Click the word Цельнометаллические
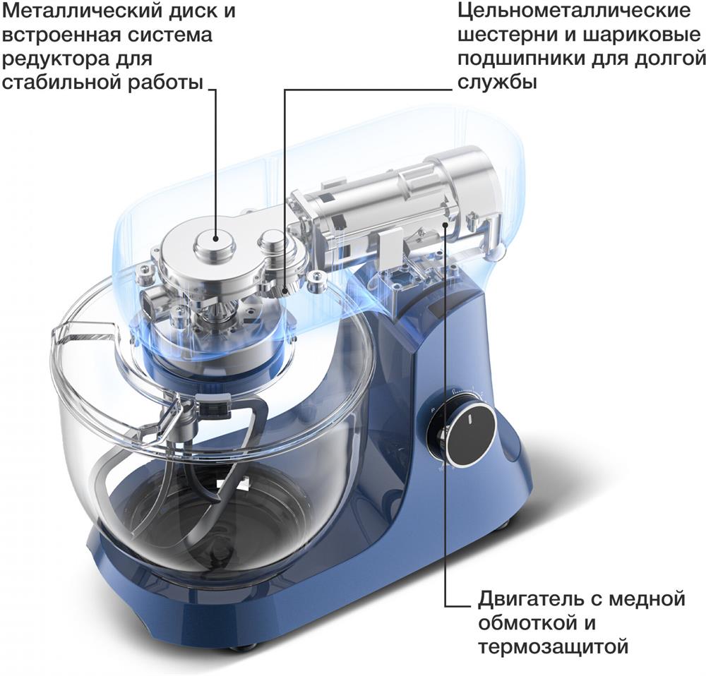573,12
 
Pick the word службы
497,82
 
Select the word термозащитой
553,646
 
